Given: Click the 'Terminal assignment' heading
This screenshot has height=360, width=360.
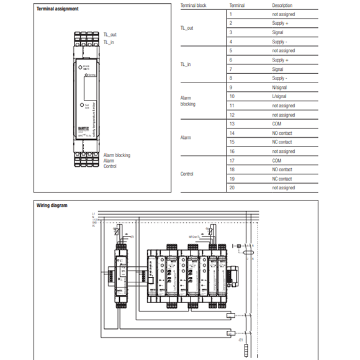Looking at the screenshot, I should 40,9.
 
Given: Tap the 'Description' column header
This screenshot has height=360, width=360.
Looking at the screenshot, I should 282,5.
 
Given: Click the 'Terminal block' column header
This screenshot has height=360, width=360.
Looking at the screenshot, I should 192,5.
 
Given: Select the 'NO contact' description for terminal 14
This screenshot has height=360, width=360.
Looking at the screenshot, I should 282,133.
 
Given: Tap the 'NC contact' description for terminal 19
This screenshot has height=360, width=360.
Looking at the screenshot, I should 282,178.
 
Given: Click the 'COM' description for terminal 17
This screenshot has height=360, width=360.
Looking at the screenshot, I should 277,160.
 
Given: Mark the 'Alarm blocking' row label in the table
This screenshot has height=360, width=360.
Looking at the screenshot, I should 187,101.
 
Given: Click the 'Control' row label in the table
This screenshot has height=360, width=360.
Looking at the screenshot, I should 187,174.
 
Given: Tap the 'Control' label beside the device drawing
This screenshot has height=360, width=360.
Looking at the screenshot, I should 110,166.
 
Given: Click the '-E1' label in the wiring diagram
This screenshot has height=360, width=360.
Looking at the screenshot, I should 240,340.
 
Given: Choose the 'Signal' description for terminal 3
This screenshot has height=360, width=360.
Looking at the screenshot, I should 279,32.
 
